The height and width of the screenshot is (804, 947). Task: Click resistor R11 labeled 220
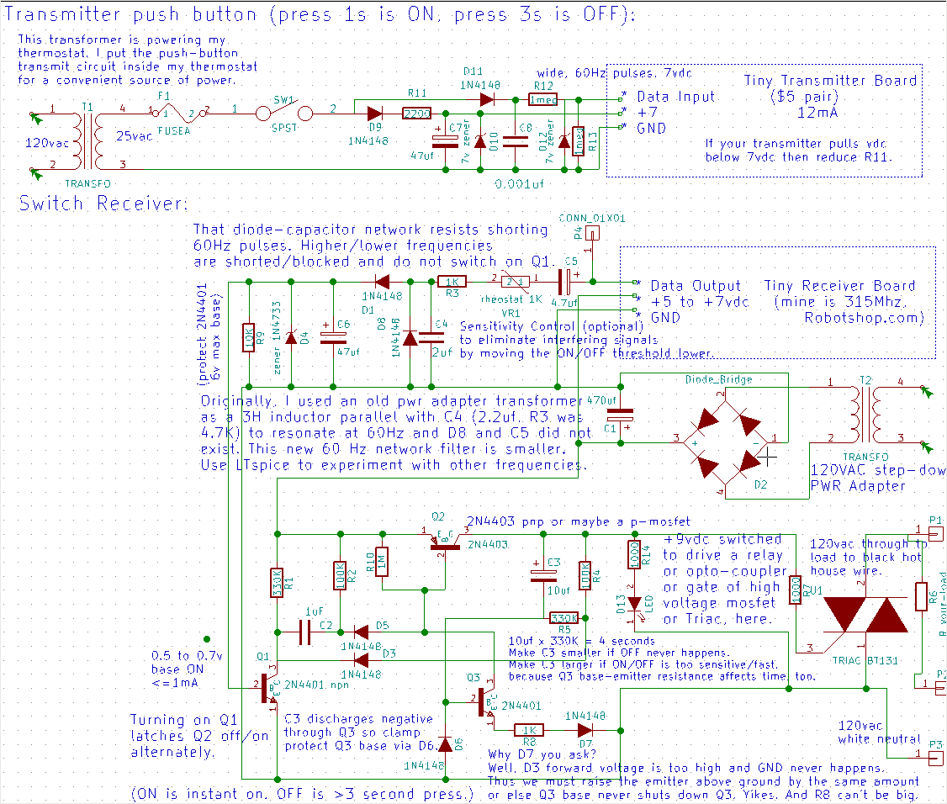coord(416,114)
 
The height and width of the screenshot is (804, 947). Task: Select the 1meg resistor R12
coord(542,99)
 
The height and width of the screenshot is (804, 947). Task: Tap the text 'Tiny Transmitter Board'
coord(830,81)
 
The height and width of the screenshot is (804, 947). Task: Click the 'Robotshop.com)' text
coord(864,318)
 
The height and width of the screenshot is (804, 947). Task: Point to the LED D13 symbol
coord(635,602)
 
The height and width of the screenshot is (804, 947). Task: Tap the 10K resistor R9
coord(248,338)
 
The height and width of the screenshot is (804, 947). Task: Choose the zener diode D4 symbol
coord(291,338)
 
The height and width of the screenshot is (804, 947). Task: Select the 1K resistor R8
coord(529,730)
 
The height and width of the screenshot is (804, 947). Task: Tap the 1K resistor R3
coord(452,283)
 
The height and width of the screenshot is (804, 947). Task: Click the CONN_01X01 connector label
coord(593,219)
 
